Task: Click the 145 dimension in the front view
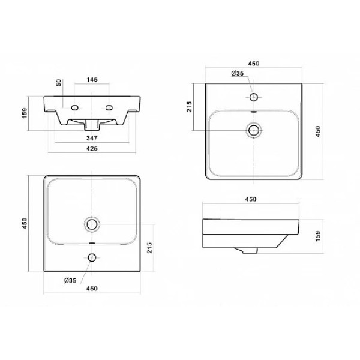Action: pyautogui.click(x=92, y=79)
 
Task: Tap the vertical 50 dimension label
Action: pyautogui.click(x=59, y=83)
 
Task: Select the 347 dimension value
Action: pyautogui.click(x=92, y=138)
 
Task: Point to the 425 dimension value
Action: pyautogui.click(x=92, y=149)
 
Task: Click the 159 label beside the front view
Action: pyautogui.click(x=25, y=113)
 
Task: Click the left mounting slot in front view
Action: pyautogui.click(x=75, y=107)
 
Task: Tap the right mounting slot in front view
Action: pyautogui.click(x=109, y=107)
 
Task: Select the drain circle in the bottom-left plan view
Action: pyautogui.click(x=92, y=224)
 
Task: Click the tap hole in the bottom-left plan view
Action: pyautogui.click(x=92, y=257)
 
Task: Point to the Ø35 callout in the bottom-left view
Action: pyautogui.click(x=70, y=281)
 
